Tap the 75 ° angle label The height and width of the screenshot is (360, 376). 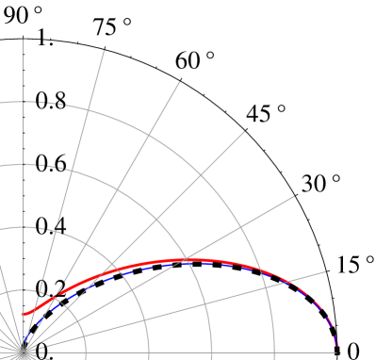tap(111, 28)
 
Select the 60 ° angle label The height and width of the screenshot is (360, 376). tap(195, 62)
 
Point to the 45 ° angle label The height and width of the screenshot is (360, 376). tap(266, 115)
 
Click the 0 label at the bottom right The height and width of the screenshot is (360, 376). tap(353, 350)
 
